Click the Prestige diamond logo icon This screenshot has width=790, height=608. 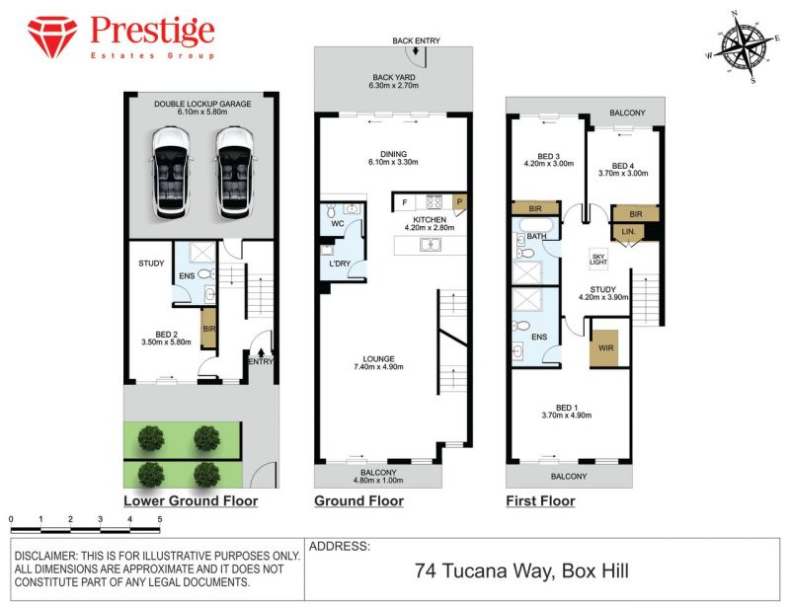tap(52, 37)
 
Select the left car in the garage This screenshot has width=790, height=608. tap(171, 173)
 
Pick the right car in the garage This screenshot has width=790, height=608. tap(235, 173)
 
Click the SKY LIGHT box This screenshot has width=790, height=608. tap(598, 259)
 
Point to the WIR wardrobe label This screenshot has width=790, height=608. tap(605, 347)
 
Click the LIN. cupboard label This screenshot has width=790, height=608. tap(628, 232)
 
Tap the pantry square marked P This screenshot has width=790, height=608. tap(459, 202)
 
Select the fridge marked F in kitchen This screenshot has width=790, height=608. tap(405, 202)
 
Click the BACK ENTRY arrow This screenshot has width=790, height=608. tap(416, 51)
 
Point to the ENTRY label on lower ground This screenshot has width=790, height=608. tap(261, 361)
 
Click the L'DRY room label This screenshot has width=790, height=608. tap(340, 264)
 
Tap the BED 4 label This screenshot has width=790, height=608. tap(623, 166)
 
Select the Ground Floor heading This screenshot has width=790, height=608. tap(358, 500)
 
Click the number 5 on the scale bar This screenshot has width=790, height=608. tap(160, 519)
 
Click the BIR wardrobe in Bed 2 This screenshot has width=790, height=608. tap(208, 328)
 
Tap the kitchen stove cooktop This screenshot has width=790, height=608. tap(434, 202)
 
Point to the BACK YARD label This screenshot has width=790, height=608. tap(394, 77)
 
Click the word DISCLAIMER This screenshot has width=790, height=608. tap(44, 556)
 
